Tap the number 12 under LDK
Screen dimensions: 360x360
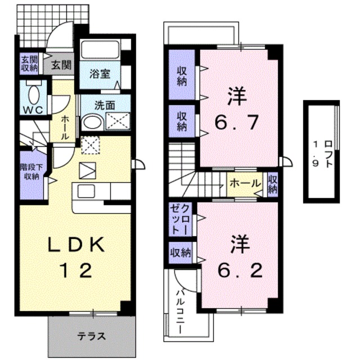pos(75,271)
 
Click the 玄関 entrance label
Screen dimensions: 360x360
pos(62,64)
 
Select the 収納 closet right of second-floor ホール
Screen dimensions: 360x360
pos(273,184)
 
